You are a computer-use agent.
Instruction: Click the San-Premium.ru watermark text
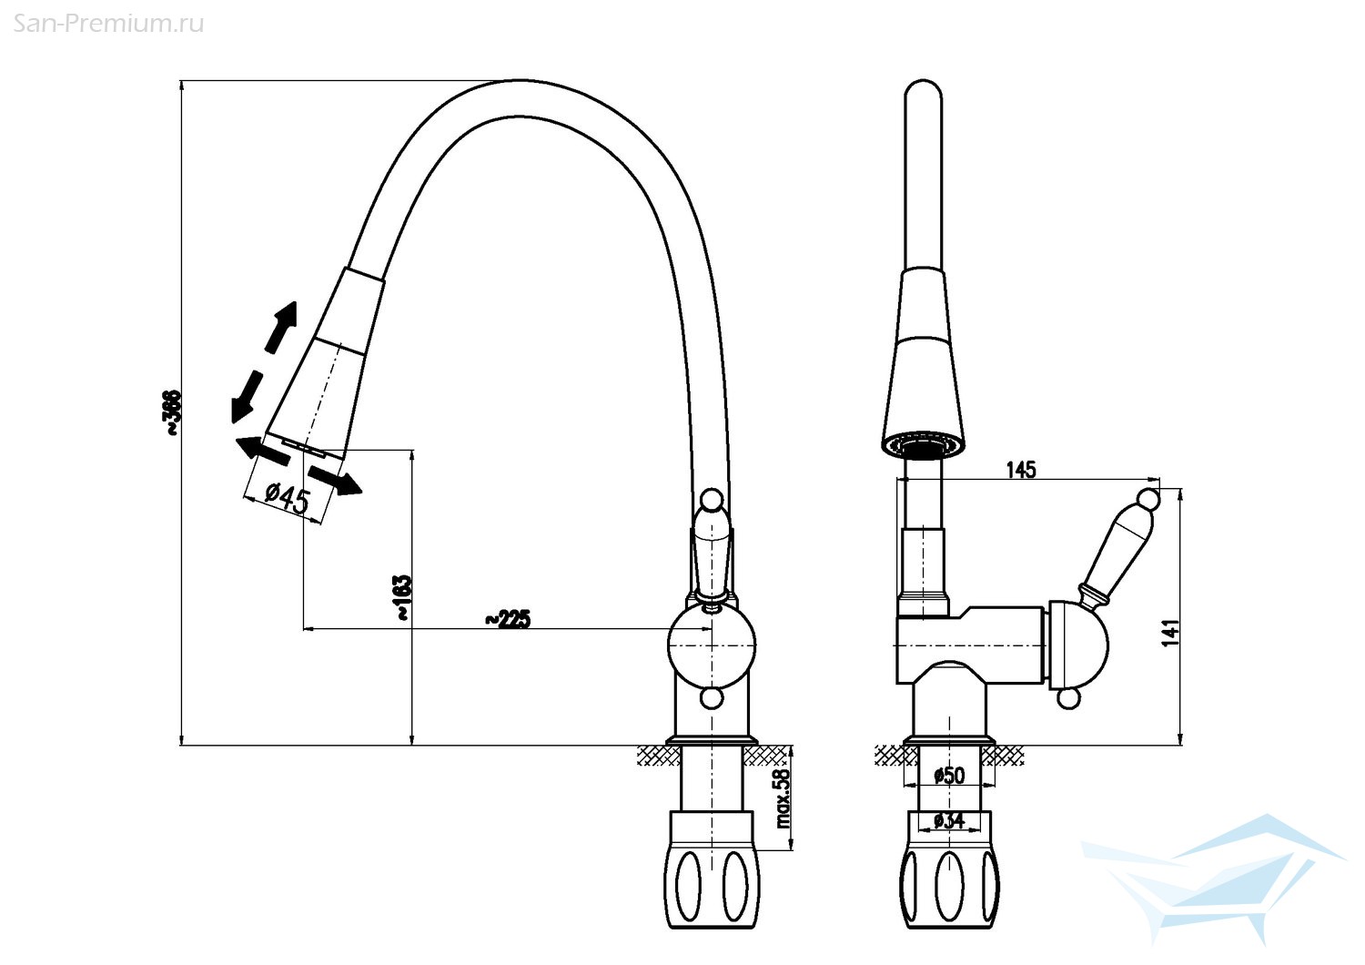pyautogui.click(x=108, y=24)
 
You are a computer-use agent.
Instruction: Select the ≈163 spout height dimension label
pyautogui.click(x=403, y=597)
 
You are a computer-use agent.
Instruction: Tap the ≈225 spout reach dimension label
pyautogui.click(x=508, y=618)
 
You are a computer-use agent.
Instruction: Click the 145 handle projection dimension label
pyautogui.click(x=1021, y=470)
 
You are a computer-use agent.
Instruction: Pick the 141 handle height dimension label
pyautogui.click(x=1170, y=633)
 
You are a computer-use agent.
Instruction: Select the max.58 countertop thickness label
pyautogui.click(x=783, y=798)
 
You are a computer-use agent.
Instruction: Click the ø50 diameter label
pyautogui.click(x=949, y=775)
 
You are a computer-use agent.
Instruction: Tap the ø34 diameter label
pyautogui.click(x=949, y=820)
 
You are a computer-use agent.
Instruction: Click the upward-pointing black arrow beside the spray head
pyautogui.click(x=282, y=327)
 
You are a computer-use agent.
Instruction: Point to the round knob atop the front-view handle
pyautogui.click(x=711, y=501)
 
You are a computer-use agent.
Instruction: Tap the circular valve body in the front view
pyautogui.click(x=711, y=645)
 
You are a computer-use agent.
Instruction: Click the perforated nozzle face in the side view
pyautogui.click(x=925, y=443)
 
